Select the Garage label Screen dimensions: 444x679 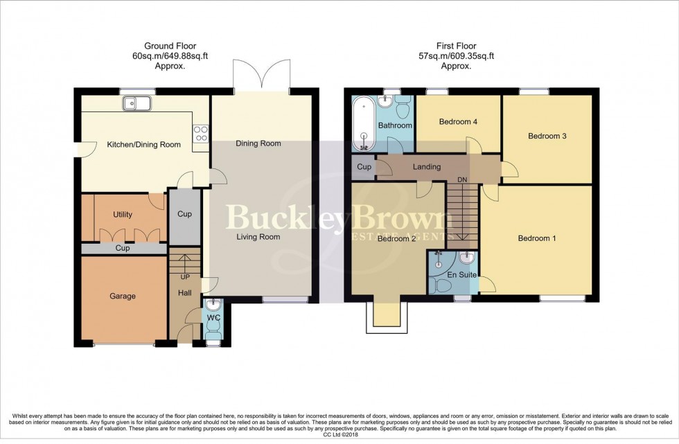(x=122, y=296)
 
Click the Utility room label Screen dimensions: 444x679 (x=122, y=215)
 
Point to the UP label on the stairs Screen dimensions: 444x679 (x=185, y=277)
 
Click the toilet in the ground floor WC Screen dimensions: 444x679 (x=214, y=335)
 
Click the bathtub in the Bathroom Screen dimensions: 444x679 (x=362, y=123)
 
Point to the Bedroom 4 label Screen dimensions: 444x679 (x=458, y=122)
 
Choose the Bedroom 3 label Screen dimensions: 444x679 (x=547, y=136)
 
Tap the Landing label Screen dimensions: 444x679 (x=427, y=167)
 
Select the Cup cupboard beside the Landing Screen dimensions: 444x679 (x=364, y=167)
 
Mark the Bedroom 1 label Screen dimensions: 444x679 (x=537, y=239)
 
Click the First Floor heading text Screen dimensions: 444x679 (x=455, y=47)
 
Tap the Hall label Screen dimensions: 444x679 (x=184, y=294)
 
